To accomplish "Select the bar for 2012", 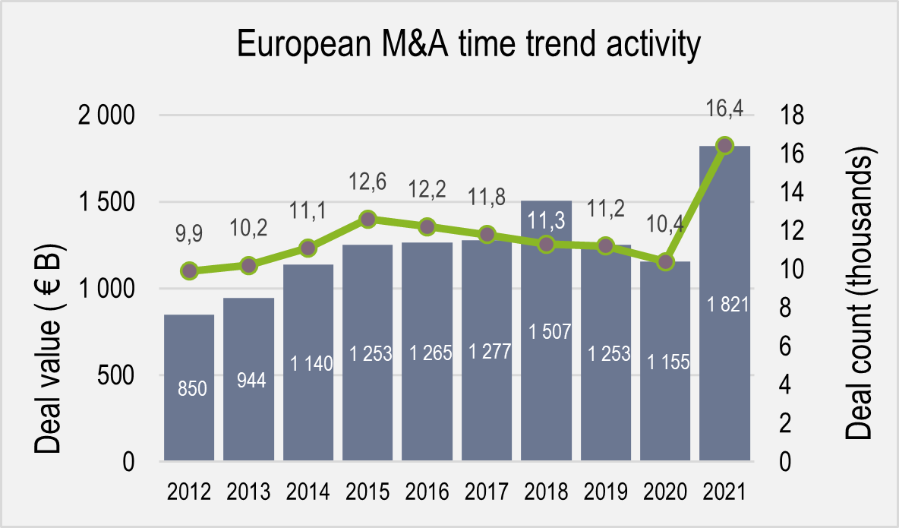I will (x=189, y=387).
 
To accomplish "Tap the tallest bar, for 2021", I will (x=724, y=304).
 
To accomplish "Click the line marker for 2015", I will (x=367, y=220).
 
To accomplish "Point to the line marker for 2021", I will (x=724, y=145).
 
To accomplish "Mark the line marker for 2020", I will (x=665, y=262).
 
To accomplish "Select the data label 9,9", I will (x=189, y=236).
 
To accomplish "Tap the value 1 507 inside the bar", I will (x=546, y=331).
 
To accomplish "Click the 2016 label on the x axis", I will (x=427, y=492).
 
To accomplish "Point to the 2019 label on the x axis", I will (x=605, y=492).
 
